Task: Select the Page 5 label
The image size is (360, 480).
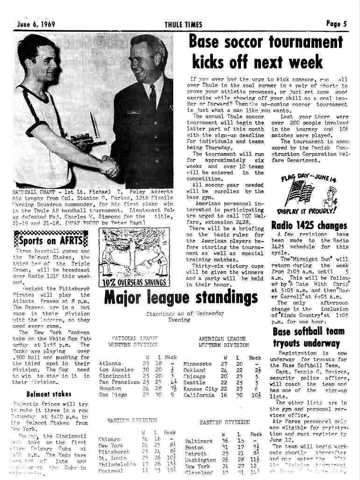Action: pos(336,23)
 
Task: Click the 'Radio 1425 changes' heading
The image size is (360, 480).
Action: pos(309,226)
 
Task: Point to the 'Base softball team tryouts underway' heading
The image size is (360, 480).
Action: pos(309,337)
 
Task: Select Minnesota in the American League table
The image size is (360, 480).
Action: pos(198,364)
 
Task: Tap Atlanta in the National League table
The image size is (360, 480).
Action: pos(110,363)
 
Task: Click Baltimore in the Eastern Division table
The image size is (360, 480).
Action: pos(199,441)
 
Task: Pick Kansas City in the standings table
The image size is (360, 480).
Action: pos(201,389)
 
